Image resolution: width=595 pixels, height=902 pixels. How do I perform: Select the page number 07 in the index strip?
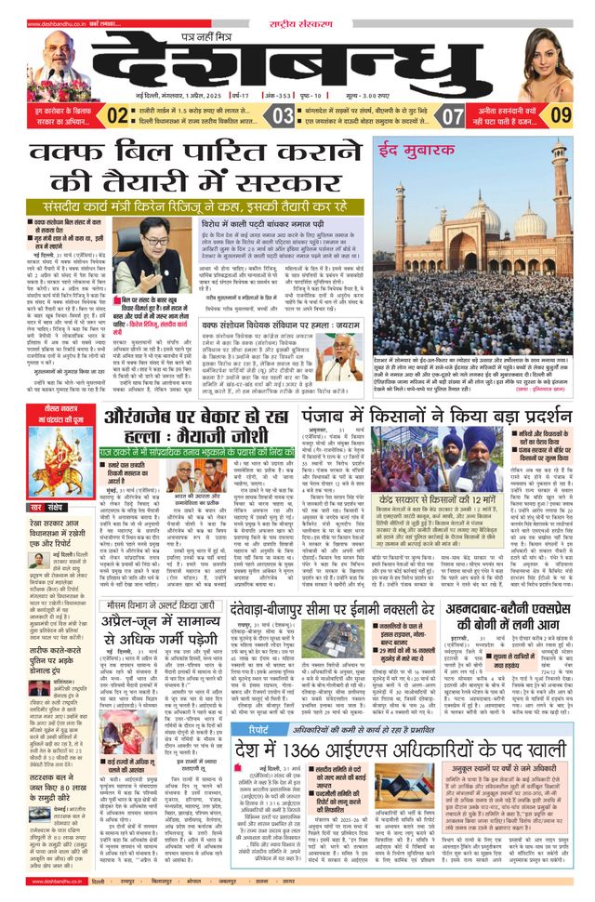point(453,116)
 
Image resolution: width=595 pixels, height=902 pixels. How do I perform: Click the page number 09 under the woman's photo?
point(561,116)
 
